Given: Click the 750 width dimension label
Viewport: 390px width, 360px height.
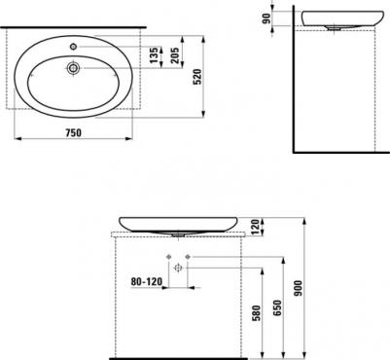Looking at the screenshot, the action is click(x=73, y=132).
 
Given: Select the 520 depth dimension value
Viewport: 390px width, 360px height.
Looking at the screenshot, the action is click(x=197, y=77).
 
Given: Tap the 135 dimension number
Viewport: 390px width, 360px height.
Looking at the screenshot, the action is click(x=155, y=55).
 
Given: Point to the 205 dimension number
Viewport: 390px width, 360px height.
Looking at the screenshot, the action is click(x=174, y=55).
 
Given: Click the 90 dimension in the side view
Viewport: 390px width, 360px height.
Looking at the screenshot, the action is click(x=266, y=18).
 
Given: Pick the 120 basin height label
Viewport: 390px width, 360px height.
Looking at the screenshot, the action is click(x=255, y=226).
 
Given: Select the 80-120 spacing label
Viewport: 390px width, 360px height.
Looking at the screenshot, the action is click(x=146, y=281).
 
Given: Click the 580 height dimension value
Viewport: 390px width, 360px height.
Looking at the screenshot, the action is click(x=256, y=312).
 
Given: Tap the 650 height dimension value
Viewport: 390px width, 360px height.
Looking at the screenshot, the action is click(x=278, y=307).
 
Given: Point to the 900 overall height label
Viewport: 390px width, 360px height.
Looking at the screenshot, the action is click(x=298, y=288).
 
